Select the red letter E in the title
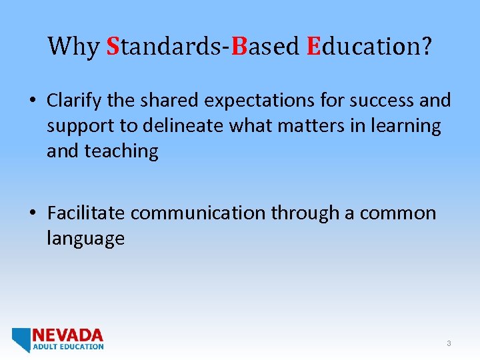tap(313, 47)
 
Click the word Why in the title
tap(73, 47)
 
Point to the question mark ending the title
tap(425, 47)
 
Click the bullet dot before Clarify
tap(32, 101)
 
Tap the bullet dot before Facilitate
tap(32, 214)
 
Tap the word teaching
tap(121, 151)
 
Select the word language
tap(85, 239)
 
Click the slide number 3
tap(449, 343)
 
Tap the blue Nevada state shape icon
tap(21, 339)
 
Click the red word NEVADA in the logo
tap(68, 335)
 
